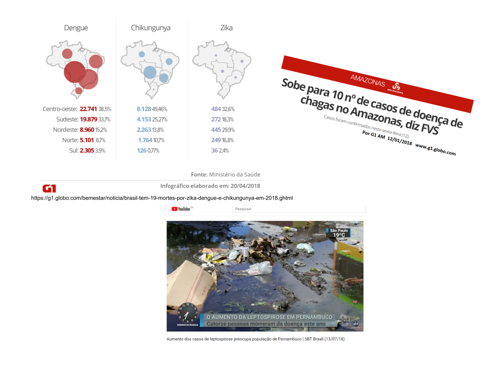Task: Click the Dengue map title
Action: [x=76, y=28]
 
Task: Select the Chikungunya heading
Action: [x=151, y=28]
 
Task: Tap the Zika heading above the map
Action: [x=226, y=28]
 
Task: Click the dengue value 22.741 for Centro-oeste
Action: [x=88, y=109]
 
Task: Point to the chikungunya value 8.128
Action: [x=144, y=109]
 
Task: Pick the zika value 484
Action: [x=216, y=109]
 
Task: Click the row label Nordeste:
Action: [x=66, y=130]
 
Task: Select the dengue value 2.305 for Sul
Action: [x=87, y=150]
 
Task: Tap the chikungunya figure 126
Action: [x=142, y=150]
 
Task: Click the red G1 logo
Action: [x=49, y=188]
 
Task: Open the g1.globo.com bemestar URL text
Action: [x=162, y=198]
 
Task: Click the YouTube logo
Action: [x=181, y=209]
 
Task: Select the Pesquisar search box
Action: [x=299, y=209]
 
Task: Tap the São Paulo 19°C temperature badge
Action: [x=339, y=233]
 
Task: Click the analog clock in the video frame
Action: [x=188, y=313]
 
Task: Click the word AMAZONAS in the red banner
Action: [x=367, y=81]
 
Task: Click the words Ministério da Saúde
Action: [x=235, y=175]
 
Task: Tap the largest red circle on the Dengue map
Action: [x=75, y=72]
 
